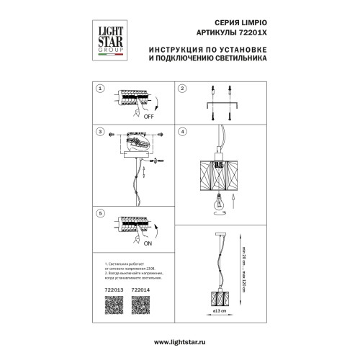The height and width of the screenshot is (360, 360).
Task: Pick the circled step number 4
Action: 183,132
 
